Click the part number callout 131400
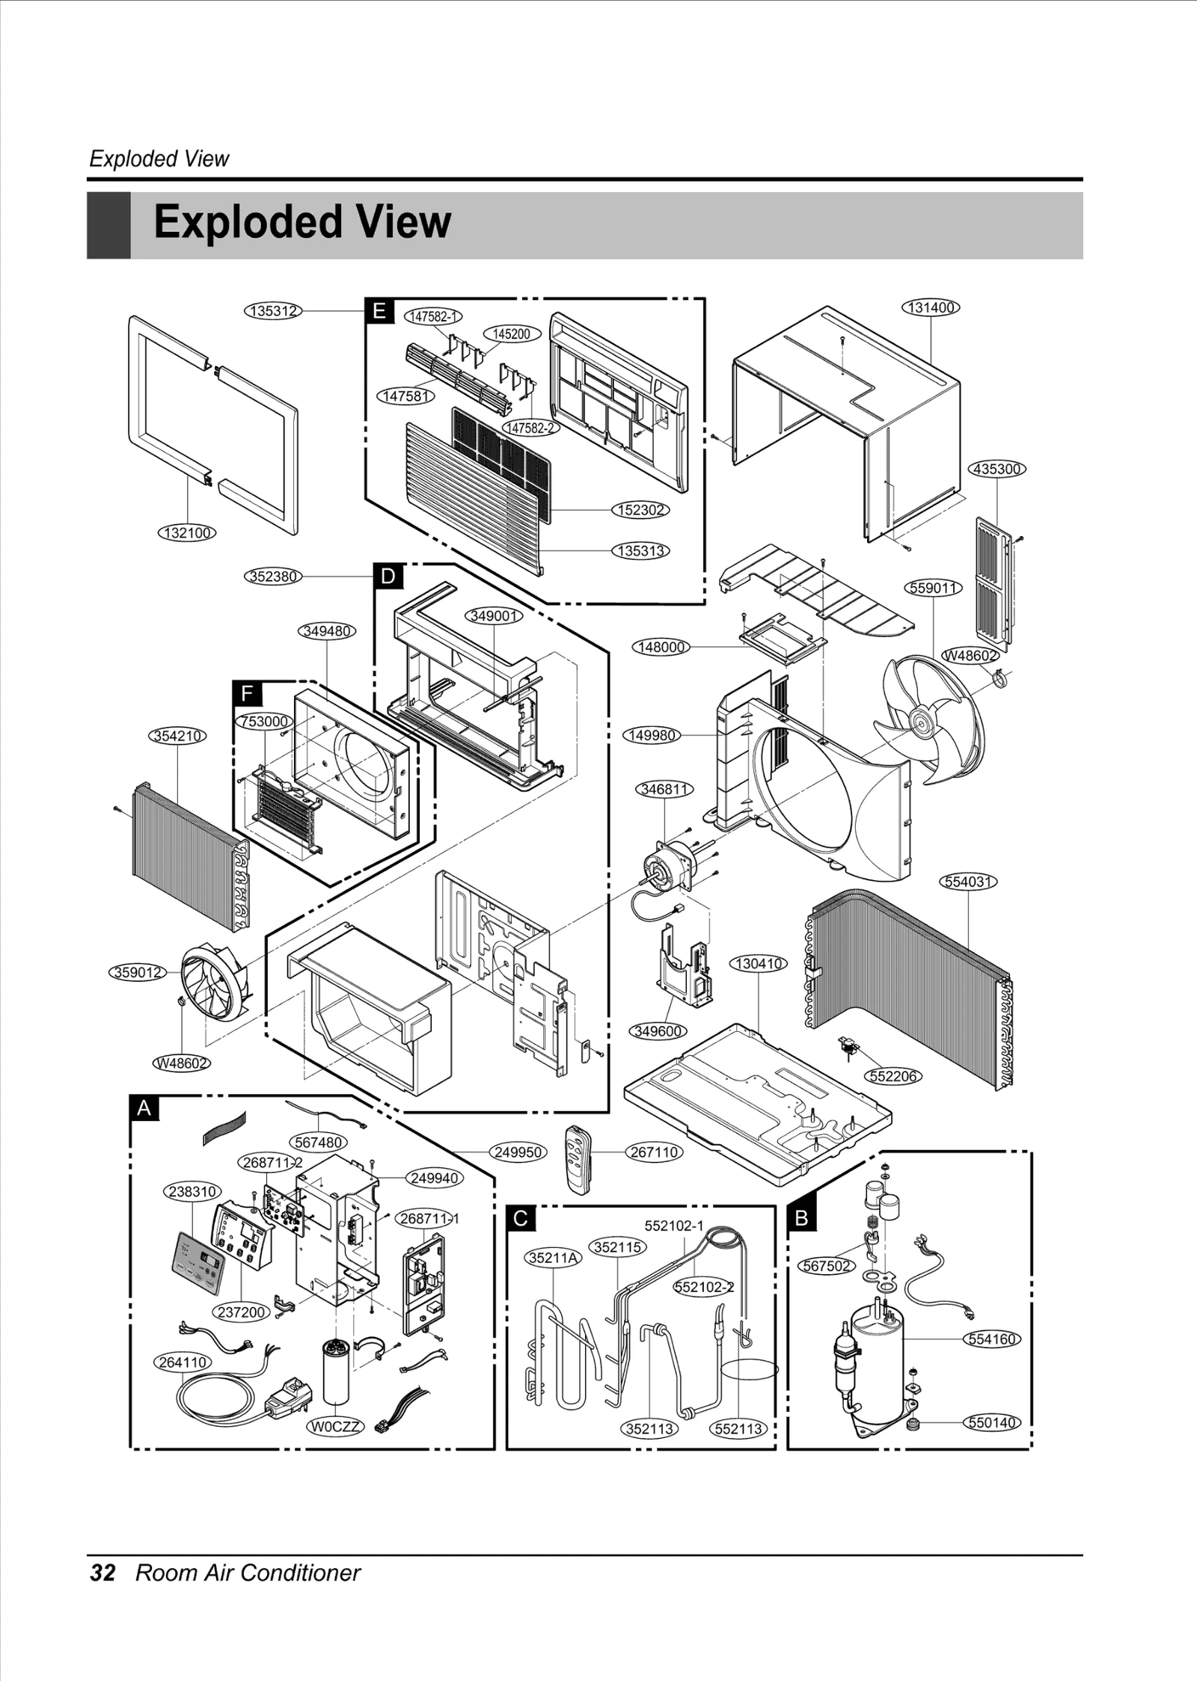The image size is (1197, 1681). (931, 307)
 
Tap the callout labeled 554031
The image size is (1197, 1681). (968, 882)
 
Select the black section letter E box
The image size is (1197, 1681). (379, 310)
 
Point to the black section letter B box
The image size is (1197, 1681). (801, 1218)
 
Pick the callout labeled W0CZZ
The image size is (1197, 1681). (335, 1426)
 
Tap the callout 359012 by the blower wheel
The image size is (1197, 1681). (138, 972)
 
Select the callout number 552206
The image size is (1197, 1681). (893, 1076)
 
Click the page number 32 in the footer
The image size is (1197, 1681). (103, 1573)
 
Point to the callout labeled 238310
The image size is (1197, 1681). (192, 1191)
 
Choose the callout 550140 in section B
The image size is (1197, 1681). (991, 1422)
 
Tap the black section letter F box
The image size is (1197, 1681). (247, 694)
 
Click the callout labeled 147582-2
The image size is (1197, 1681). (530, 428)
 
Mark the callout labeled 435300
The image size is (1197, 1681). (997, 469)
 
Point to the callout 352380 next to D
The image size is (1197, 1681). (274, 577)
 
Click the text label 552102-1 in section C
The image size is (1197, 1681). (674, 1226)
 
